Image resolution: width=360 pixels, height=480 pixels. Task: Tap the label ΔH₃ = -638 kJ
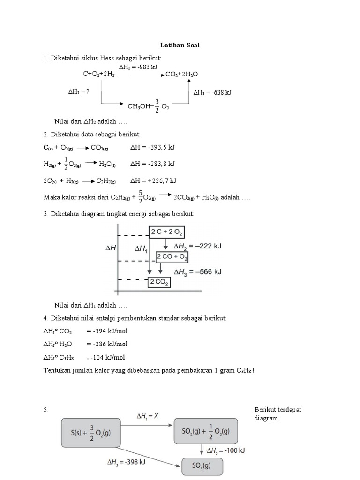pos(212,92)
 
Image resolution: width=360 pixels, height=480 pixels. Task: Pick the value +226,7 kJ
pos(153,180)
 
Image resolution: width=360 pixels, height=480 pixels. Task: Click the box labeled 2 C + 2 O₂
pos(166,232)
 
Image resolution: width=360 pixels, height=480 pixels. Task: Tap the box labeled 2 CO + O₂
pos(172,257)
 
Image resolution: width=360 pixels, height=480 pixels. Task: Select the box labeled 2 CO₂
pos(159,282)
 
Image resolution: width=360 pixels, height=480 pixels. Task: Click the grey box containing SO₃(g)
pos(202,467)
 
